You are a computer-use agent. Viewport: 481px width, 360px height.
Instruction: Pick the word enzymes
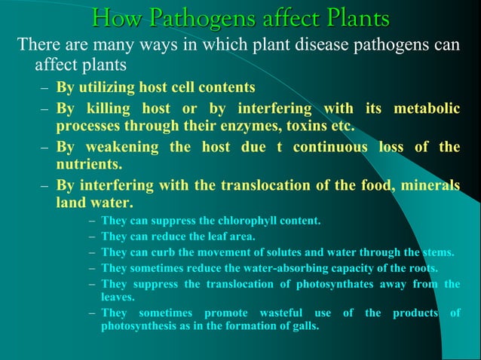(x=256, y=125)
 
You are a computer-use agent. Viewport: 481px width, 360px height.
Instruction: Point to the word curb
(x=159, y=252)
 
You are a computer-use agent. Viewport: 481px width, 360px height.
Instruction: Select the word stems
(x=437, y=252)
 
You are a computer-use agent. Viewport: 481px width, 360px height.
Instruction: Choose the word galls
(x=303, y=327)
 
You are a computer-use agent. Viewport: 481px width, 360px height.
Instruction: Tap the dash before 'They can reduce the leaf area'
(x=92, y=236)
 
